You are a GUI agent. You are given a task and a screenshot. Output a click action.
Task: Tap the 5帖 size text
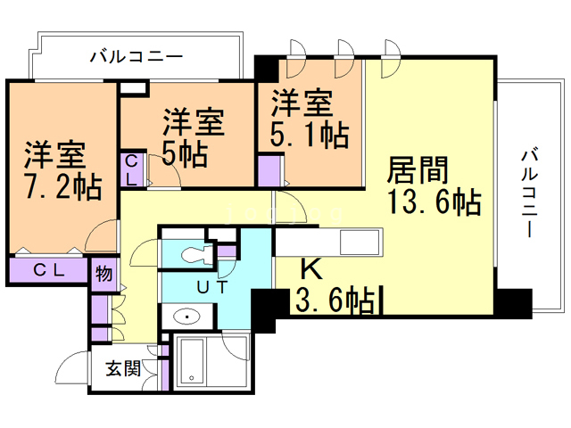[x=185, y=153]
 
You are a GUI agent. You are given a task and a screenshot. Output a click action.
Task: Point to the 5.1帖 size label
[x=310, y=135]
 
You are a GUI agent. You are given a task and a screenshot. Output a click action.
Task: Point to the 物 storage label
[x=103, y=273]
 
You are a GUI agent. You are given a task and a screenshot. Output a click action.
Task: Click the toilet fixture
[x=192, y=255]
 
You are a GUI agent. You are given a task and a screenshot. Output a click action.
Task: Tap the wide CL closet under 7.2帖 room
[x=48, y=271]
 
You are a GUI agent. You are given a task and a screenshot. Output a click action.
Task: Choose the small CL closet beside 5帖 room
[x=132, y=169]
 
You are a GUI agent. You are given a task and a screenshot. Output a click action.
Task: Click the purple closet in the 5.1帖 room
[x=269, y=169]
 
